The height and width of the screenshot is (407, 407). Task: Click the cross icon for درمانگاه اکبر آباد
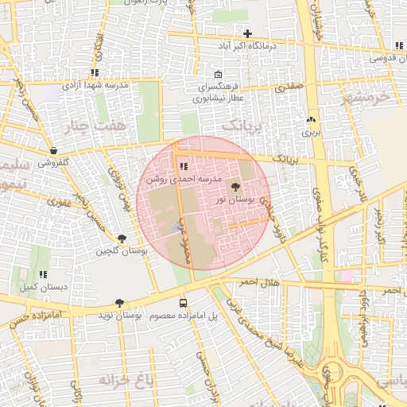pyautogui.click(x=248, y=33)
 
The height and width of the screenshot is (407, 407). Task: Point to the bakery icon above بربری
pyautogui.click(x=311, y=120)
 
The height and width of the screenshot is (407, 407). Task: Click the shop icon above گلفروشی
pyautogui.click(x=53, y=150)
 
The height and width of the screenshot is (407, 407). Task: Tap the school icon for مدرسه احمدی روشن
pyautogui.click(x=184, y=167)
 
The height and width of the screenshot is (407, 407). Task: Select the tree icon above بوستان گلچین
pyautogui.click(x=121, y=238)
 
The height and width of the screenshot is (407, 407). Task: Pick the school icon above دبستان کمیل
pyautogui.click(x=43, y=274)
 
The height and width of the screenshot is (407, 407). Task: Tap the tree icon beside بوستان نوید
pyautogui.click(x=119, y=303)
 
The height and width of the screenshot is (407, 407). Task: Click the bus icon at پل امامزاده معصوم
pyautogui.click(x=184, y=303)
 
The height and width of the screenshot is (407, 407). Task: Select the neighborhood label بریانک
pyautogui.click(x=242, y=126)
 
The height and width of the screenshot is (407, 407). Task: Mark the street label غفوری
pyautogui.click(x=60, y=202)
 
